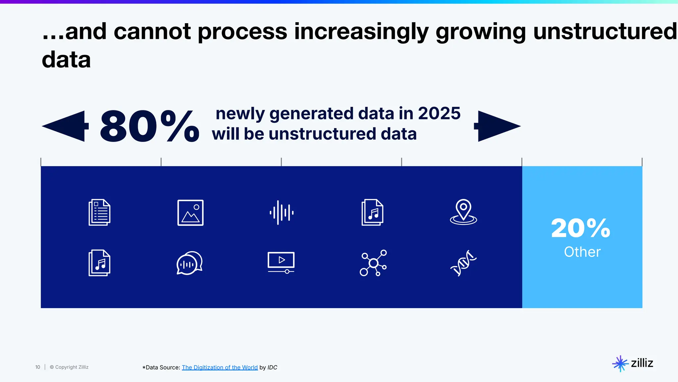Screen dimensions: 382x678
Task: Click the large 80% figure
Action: coord(149,127)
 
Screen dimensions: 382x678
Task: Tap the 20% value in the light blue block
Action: coord(581,228)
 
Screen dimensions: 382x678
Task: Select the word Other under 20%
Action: coord(582,252)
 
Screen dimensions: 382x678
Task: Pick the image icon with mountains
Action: coord(190,213)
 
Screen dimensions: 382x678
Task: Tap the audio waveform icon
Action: coord(281,213)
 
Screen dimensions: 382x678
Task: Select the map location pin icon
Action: coord(463,212)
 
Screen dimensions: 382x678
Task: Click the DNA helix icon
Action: coord(463,263)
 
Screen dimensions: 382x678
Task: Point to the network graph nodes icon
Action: coord(373,263)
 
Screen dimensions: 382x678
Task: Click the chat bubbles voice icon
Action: coord(189,263)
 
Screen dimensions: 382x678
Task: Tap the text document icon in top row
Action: coord(99,213)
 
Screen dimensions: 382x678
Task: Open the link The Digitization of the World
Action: coord(219,367)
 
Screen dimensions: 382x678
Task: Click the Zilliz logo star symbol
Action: coord(620,363)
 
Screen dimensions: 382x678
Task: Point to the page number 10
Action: coord(38,367)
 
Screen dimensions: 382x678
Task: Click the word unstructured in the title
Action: coord(605,32)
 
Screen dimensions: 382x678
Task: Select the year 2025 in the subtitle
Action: coord(439,113)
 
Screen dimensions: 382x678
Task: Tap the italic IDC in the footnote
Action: coord(272,367)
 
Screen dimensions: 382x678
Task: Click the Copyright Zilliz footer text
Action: coord(69,367)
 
